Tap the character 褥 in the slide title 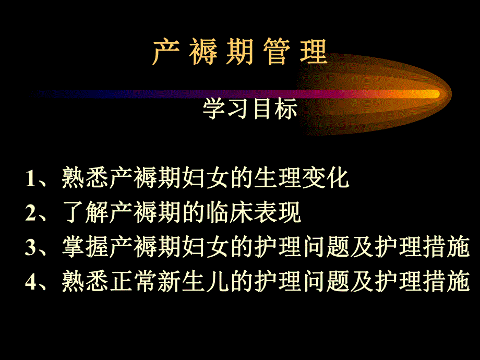(202, 52)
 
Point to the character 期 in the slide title (240, 52)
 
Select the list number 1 (30, 179)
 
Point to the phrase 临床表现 (265, 213)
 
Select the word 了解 (85, 213)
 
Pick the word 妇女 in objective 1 (205, 178)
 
